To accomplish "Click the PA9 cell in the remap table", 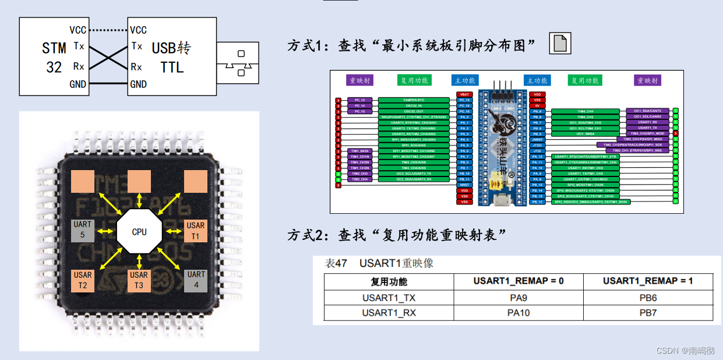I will point(519,297).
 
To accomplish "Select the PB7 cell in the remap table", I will point(648,313).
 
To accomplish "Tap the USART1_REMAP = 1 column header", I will point(648,281).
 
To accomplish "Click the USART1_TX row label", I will point(389,297).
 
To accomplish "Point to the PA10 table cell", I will point(519,313).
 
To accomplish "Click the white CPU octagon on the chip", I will point(139,232).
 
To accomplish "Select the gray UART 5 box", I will point(82,230).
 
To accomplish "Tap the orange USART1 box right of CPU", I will point(196,230).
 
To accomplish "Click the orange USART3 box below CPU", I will point(139,280).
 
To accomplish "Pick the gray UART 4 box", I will point(196,280).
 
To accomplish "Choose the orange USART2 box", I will point(82,280).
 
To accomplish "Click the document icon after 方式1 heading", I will point(560,44).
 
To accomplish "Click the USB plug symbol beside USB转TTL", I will point(238,63).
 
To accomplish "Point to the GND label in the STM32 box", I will point(77,84).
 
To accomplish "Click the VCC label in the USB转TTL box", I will point(138,30).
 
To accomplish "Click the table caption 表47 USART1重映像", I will point(379,263).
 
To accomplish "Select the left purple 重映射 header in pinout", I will point(361,80).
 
